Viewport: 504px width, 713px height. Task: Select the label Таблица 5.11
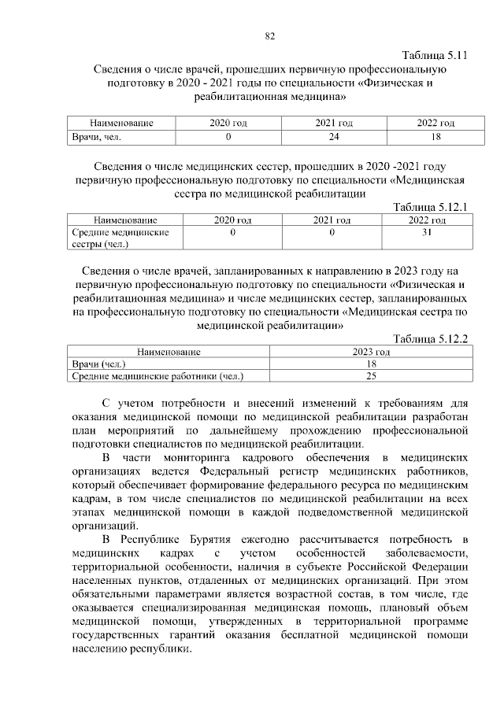click(435, 56)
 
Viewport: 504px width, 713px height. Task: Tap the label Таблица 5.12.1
click(431, 208)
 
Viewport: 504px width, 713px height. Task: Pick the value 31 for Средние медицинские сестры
click(428, 234)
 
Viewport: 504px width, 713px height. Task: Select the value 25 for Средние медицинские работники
click(372, 376)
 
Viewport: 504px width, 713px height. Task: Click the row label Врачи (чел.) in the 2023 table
click(98, 364)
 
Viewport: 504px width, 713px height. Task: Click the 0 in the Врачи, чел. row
click(228, 137)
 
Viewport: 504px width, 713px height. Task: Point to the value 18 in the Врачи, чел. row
click(436, 137)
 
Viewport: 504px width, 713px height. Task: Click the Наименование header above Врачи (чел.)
click(169, 352)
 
